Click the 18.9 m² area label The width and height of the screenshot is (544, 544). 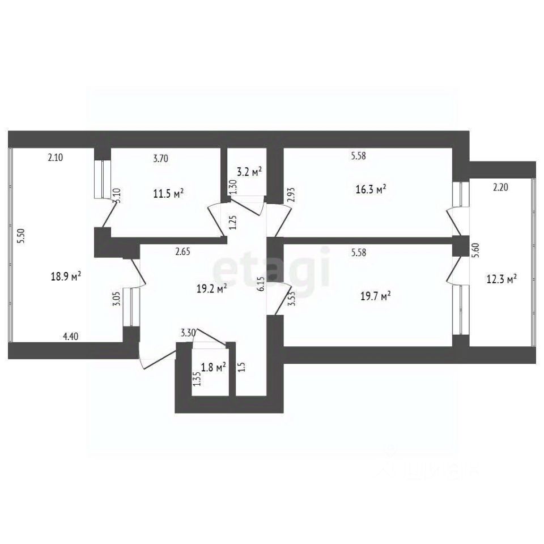tap(66, 276)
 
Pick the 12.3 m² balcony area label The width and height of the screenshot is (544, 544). tap(501, 279)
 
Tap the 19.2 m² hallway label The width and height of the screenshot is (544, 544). tap(211, 288)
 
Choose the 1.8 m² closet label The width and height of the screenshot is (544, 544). tap(214, 367)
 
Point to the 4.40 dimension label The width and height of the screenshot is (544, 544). tap(70, 337)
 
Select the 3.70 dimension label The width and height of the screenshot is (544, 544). tap(160, 159)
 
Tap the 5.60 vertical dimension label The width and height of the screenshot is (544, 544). tap(475, 250)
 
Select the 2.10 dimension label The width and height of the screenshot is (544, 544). tap(55, 159)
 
